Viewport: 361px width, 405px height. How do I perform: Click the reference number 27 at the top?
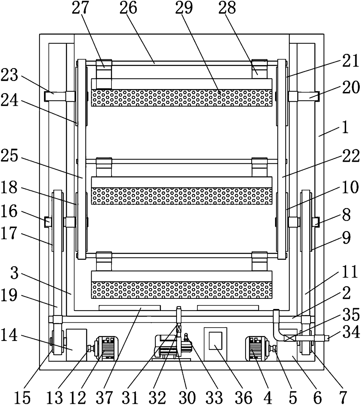(80, 8)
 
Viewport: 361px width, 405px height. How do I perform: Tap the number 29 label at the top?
(184, 8)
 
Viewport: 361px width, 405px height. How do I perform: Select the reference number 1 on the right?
(345, 127)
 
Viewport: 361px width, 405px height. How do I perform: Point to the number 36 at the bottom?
(244, 397)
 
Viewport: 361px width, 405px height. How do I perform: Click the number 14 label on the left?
(9, 335)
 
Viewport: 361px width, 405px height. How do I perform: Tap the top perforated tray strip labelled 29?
(182, 98)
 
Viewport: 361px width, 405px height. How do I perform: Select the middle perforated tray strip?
(182, 196)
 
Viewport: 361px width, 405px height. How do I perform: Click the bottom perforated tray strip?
(182, 290)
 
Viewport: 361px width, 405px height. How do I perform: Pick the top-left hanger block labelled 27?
(104, 74)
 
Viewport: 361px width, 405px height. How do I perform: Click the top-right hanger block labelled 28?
(259, 69)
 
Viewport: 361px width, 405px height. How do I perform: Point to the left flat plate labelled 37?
(130, 308)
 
